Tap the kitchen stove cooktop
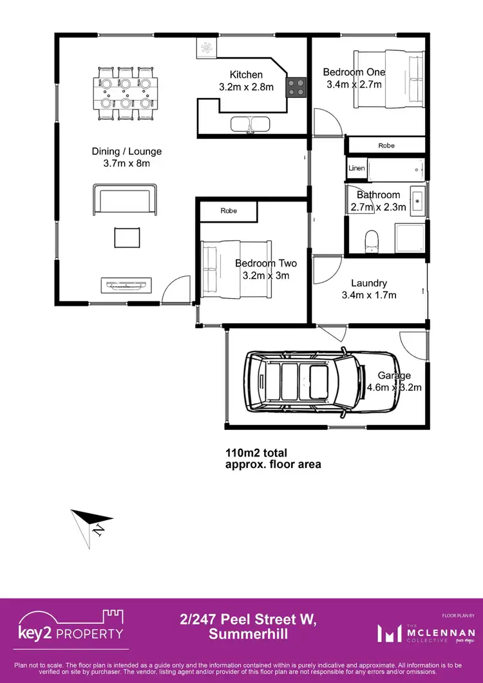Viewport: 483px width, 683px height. pos(296,87)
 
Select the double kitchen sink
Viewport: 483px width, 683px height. pos(249,124)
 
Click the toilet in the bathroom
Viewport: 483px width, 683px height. pos(371,241)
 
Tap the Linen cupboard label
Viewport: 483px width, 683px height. pos(357,168)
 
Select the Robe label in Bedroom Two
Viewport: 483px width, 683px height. pos(229,211)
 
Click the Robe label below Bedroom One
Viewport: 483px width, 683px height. pos(386,145)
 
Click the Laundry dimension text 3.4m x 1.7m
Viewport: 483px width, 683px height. pos(369,295)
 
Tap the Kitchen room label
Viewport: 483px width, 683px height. pos(246,75)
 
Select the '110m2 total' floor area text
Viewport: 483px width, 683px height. pos(256,452)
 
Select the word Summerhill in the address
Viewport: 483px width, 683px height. pos(249,634)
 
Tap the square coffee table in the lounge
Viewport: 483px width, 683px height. pos(126,238)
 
